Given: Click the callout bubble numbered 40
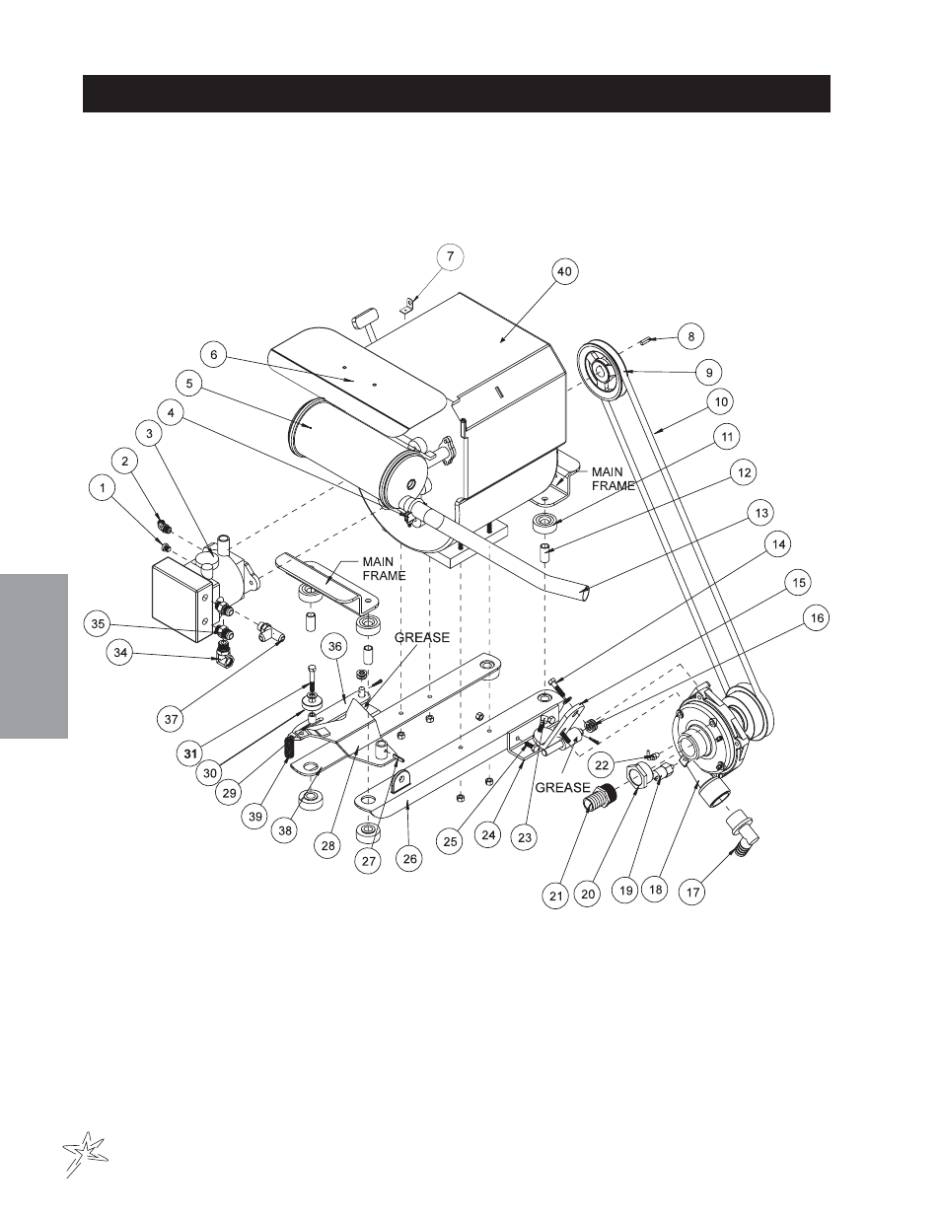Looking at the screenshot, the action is coord(564,272).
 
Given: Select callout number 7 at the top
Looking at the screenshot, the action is coord(450,257).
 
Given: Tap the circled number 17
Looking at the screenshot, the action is coord(692,892).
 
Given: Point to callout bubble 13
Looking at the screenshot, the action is coord(761,514).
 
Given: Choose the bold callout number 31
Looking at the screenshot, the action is coord(190,753).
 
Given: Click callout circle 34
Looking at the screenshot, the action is coord(119,653).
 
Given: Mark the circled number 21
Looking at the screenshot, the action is coord(555,896).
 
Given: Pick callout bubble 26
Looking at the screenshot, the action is coord(409,859).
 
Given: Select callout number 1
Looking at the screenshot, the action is coord(102,488).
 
